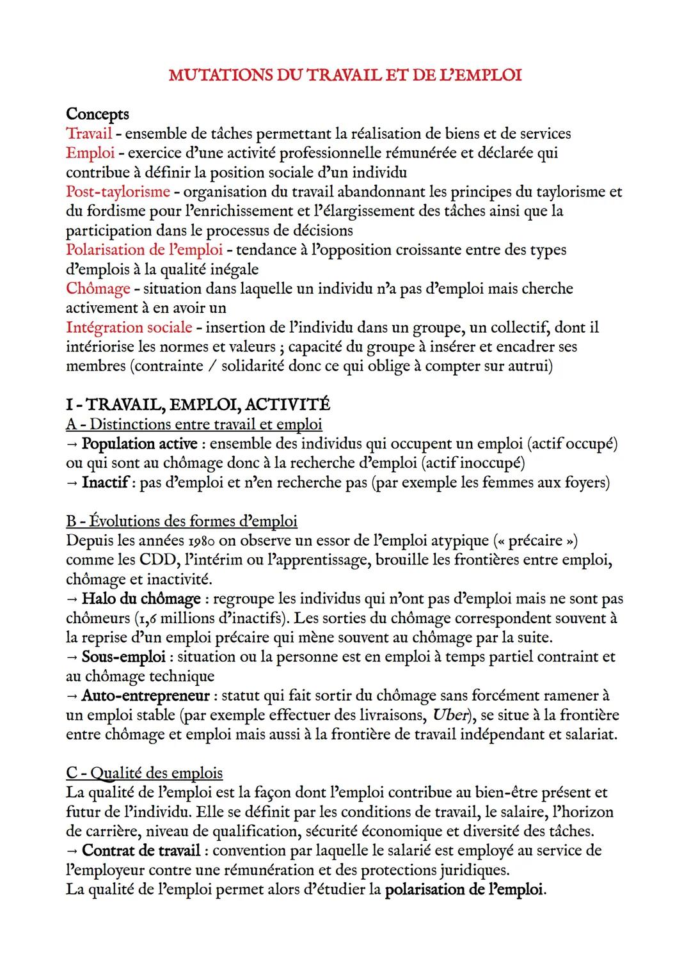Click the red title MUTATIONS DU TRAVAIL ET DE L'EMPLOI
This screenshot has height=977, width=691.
coord(345,75)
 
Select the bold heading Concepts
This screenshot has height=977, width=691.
coord(97,114)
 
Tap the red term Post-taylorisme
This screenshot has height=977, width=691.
coord(118,191)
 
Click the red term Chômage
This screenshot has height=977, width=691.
coord(98,289)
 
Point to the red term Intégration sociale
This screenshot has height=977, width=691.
coord(129,328)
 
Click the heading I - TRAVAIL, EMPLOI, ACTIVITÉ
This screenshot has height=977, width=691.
coord(198,404)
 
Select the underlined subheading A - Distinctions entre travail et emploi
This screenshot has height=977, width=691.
coord(194,424)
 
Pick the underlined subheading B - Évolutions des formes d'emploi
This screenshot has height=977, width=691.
coord(182,521)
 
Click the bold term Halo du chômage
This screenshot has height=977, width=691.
coord(141,599)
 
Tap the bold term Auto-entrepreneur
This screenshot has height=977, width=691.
coord(145,695)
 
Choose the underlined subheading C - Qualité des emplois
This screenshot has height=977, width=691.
coord(145,773)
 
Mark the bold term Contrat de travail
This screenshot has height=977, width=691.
coord(141,850)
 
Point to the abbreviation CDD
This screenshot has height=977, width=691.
coord(157,560)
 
